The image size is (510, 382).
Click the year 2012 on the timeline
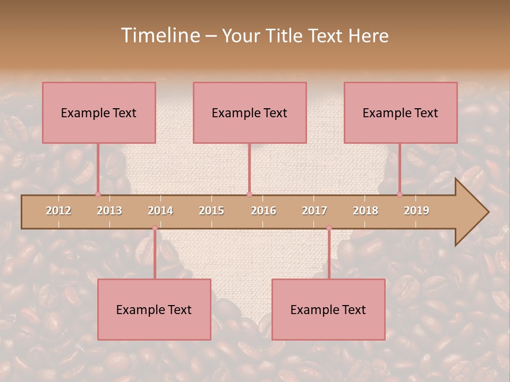coord(58,211)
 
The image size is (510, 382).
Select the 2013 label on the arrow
coord(109,211)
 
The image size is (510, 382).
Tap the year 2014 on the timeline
coord(160,211)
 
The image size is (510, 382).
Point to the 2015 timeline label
coord(211,211)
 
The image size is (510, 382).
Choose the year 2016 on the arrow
coord(263,211)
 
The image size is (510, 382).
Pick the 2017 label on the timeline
coord(314,211)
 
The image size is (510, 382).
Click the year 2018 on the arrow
coord(365,211)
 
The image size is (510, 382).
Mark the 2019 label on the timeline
coord(416,211)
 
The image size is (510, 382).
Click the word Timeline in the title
coord(160,36)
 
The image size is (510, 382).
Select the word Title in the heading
coord(285,36)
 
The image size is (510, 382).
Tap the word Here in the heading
coord(368,36)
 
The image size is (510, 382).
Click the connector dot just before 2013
coord(98,194)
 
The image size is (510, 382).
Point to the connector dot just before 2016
coord(249,194)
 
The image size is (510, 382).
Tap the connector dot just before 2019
coord(399,194)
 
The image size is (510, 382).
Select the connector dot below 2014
coord(155,228)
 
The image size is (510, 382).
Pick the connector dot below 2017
coord(329,228)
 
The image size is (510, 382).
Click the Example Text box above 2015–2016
coord(250,112)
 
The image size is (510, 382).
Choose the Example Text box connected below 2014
coord(154,309)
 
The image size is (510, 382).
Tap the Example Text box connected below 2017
coord(328,309)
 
